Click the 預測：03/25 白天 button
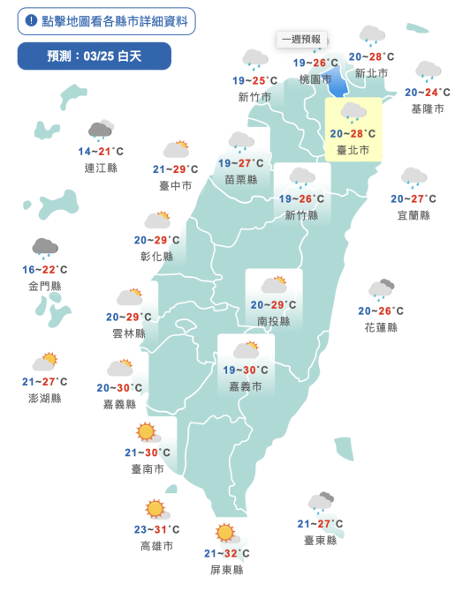pos(95,56)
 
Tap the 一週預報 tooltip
pos(300,40)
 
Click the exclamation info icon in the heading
pos(31,19)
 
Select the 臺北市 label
pos(353,151)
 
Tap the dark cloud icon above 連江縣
pos(100,132)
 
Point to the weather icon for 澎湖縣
pos(44,363)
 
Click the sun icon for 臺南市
pos(147,433)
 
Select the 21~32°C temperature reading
pos(226,553)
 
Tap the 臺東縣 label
pos(320,540)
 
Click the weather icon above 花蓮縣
pos(381,289)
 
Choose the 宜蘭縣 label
pos(413,215)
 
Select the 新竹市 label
pos(254,97)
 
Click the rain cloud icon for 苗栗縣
pos(241,142)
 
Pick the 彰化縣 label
pos(157,256)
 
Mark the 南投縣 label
pos(273,322)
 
